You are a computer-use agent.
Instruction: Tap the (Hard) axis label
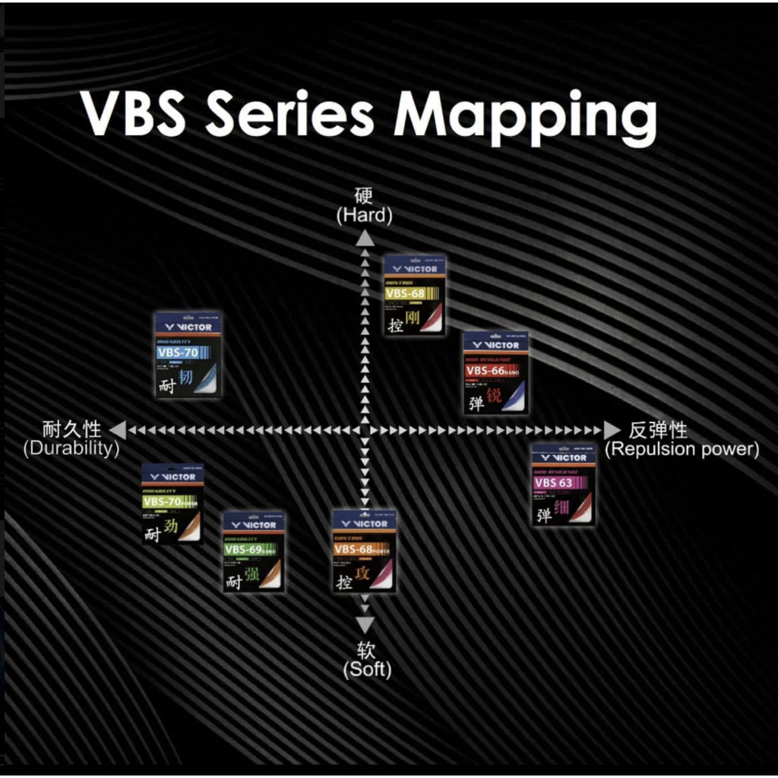(365, 216)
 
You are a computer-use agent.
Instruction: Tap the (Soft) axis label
(366, 669)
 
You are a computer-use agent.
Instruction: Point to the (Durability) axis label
(71, 449)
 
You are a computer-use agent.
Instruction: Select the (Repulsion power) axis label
(682, 449)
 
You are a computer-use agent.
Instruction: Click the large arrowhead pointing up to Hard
(365, 238)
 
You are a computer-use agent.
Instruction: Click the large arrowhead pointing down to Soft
(365, 625)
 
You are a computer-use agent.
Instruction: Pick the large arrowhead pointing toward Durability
(117, 430)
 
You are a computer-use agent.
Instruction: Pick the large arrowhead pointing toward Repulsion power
(612, 430)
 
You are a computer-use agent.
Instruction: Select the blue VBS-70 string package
(188, 354)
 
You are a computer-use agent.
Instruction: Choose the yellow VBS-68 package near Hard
(414, 296)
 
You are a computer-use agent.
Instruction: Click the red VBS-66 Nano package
(496, 373)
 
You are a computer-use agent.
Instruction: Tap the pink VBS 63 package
(563, 485)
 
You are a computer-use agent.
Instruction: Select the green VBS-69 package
(254, 552)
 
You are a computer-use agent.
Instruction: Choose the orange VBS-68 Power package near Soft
(365, 552)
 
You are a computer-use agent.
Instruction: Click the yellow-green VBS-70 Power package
(173, 504)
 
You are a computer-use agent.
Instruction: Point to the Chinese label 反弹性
(659, 430)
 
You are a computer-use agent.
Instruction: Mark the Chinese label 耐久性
(72, 430)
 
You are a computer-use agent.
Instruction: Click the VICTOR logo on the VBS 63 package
(565, 457)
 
